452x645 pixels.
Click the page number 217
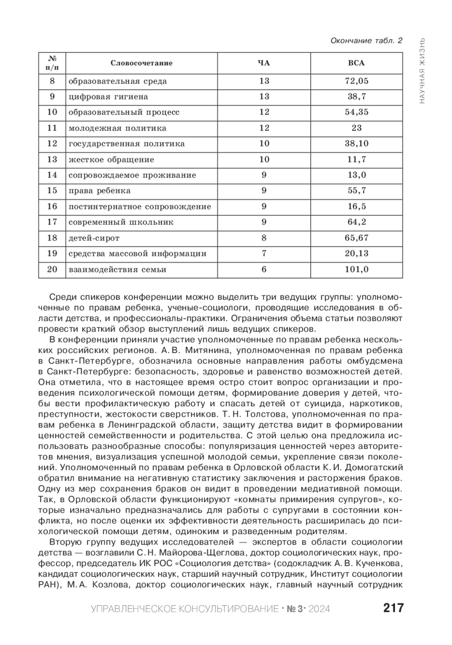393,608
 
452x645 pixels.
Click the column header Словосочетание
141,63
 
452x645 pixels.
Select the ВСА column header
356,63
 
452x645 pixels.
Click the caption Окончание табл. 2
366,40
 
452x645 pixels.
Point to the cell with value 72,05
356,81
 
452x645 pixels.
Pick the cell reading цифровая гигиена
108,97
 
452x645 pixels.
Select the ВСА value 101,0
356,269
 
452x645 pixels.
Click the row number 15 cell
52,190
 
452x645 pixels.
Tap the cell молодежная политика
117,128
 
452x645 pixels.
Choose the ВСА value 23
356,128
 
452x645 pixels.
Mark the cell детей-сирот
94,238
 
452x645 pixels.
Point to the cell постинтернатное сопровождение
140,206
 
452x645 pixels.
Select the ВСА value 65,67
356,238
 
